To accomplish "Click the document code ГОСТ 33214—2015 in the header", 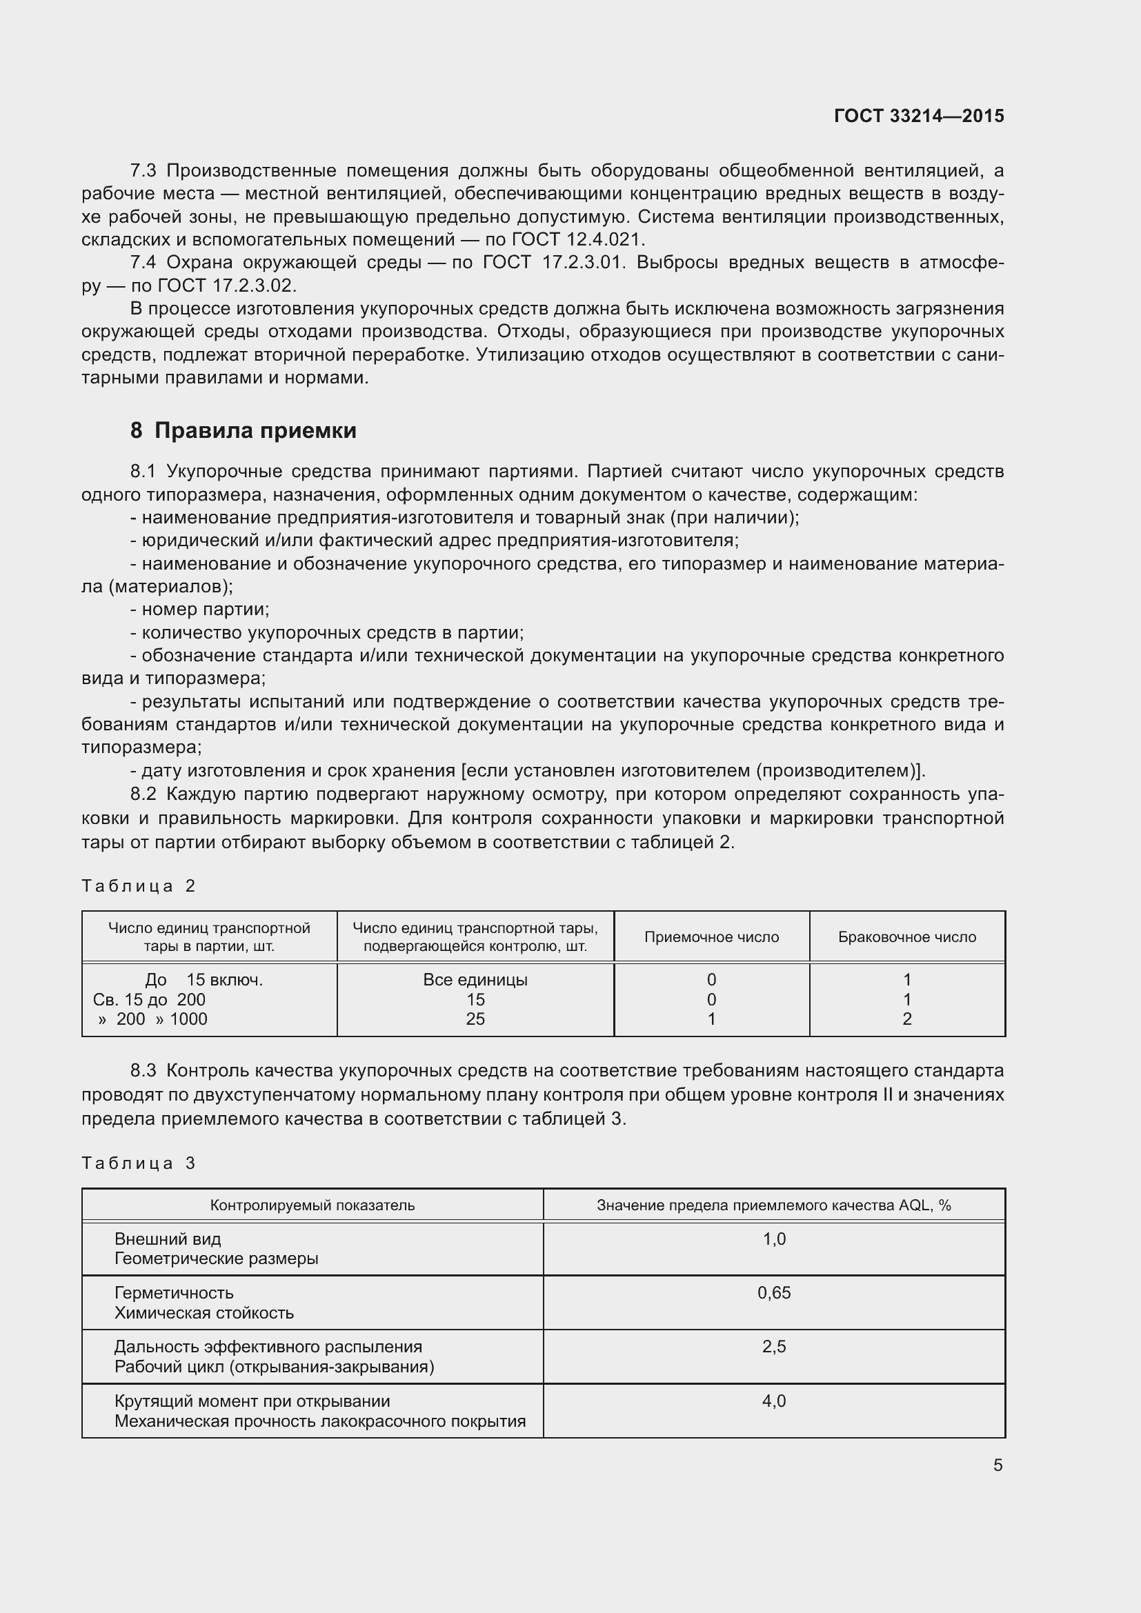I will click(918, 116).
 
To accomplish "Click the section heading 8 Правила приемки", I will click(243, 430).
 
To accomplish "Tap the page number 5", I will click(998, 1465).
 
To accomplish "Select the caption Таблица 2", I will click(139, 886).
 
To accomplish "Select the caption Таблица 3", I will click(139, 1163).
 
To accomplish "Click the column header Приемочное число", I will click(711, 937).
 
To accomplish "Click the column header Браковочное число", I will click(906, 937).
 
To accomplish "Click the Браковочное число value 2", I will click(906, 1019).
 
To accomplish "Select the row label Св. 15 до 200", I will click(149, 999).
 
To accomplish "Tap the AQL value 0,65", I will click(773, 1292).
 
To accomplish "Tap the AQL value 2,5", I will click(773, 1346).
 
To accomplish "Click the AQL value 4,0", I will click(773, 1401).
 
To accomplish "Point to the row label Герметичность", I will click(174, 1292).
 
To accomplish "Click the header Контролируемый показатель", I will click(312, 1205).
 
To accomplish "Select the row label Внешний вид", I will click(167, 1239).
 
